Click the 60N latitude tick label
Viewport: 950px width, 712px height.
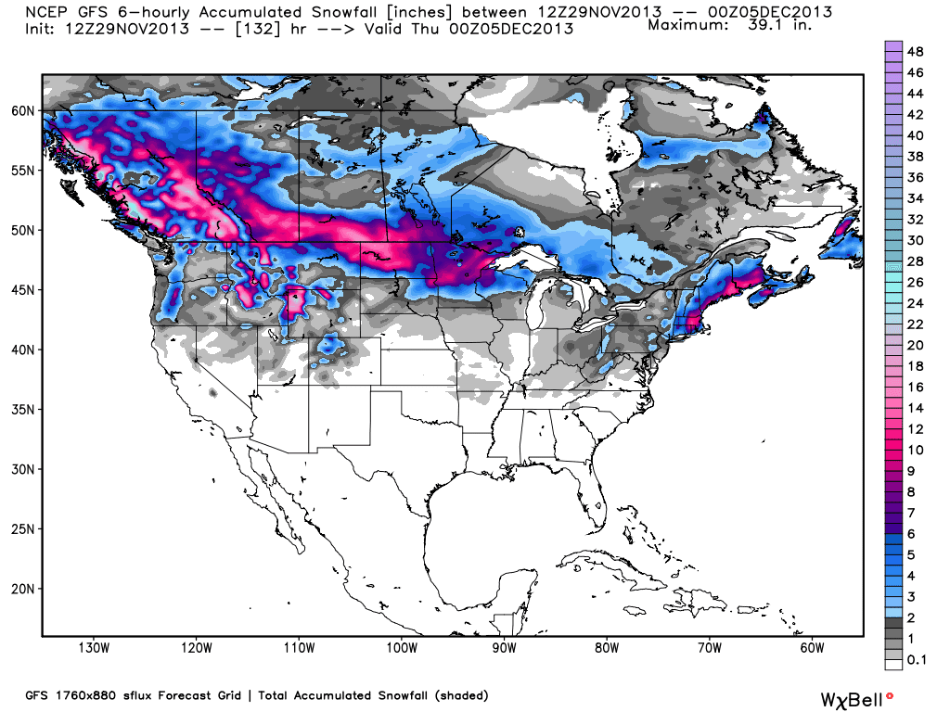click(x=23, y=110)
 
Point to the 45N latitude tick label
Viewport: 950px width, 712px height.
click(x=23, y=290)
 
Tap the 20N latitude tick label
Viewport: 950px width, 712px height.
click(x=23, y=589)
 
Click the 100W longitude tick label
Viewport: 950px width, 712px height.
click(x=401, y=646)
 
